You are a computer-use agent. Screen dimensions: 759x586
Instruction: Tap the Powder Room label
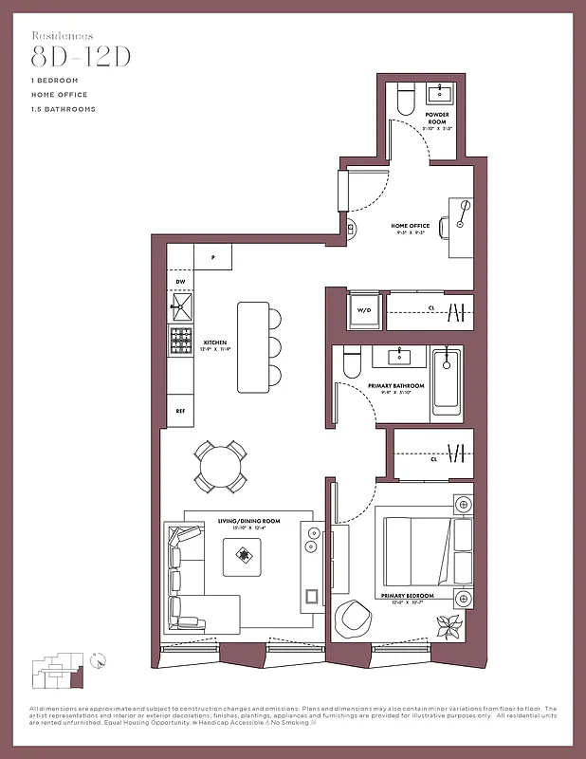pyautogui.click(x=437, y=118)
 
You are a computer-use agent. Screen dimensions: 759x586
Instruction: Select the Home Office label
pyautogui.click(x=411, y=226)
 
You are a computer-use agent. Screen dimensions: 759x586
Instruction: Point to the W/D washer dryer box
pyautogui.click(x=363, y=310)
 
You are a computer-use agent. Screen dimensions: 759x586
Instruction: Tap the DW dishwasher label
pyautogui.click(x=180, y=282)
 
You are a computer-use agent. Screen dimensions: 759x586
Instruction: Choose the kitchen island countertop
pyautogui.click(x=252, y=348)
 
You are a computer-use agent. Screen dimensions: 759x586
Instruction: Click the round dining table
pyautogui.click(x=221, y=464)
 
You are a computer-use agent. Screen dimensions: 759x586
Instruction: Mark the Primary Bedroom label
pyautogui.click(x=407, y=595)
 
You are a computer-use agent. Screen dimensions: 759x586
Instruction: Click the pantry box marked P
pyautogui.click(x=213, y=257)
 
